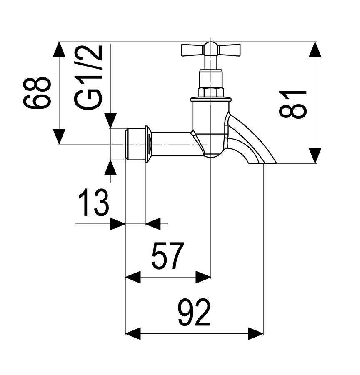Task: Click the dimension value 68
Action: tap(37, 93)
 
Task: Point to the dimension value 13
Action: tap(93, 202)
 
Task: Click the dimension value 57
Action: tap(168, 256)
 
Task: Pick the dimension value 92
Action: tap(194, 312)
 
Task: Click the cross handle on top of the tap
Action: tap(210, 50)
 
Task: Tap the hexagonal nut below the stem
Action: tap(210, 92)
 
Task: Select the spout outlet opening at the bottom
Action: tap(262, 163)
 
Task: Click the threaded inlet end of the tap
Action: tap(135, 144)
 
